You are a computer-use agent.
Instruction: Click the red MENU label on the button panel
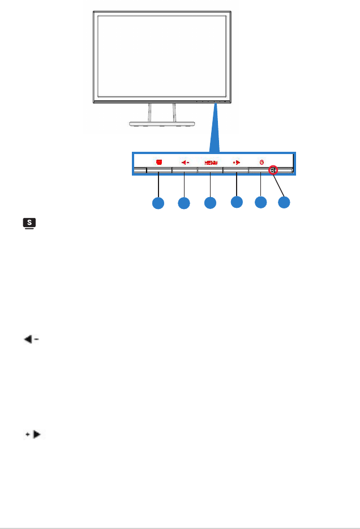coord(211,163)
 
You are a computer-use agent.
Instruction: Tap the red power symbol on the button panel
coord(262,162)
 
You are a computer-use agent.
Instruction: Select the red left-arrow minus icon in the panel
coord(184,162)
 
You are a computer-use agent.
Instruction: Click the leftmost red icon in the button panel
coord(159,161)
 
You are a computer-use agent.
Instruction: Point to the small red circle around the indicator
coord(273,169)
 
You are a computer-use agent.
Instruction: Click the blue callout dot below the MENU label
coord(210,202)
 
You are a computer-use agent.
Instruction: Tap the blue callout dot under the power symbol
coord(260,202)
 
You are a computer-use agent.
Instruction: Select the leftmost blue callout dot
coord(158,202)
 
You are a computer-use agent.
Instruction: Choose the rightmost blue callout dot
coord(285,202)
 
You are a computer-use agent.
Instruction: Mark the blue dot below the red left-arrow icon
coord(184,202)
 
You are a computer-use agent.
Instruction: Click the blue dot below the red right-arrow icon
coord(237,201)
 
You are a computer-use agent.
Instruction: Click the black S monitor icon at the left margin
coord(28,225)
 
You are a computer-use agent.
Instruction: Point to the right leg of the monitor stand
coord(174,112)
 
